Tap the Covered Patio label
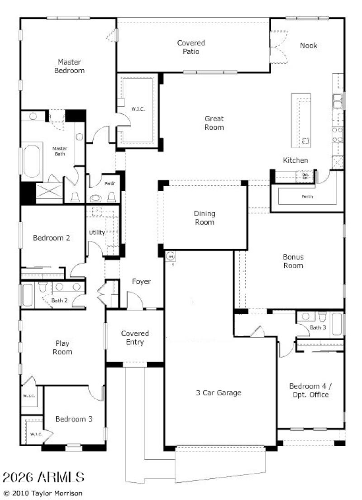(191, 47)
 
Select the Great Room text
(214, 123)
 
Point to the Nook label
(309, 46)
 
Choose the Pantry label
(307, 197)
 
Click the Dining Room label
(205, 217)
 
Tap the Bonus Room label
(293, 261)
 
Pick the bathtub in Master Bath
(32, 160)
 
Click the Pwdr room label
(109, 184)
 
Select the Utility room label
(97, 232)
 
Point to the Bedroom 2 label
(52, 238)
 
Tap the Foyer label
(141, 282)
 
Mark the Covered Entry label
(135, 338)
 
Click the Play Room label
(62, 348)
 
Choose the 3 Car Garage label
(219, 393)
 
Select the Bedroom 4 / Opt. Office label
(309, 391)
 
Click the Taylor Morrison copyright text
(43, 493)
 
